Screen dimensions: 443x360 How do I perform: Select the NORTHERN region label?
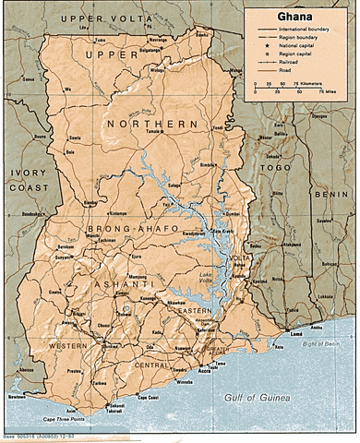pyautogui.click(x=152, y=123)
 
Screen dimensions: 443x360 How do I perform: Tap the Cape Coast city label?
pyautogui.click(x=148, y=397)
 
